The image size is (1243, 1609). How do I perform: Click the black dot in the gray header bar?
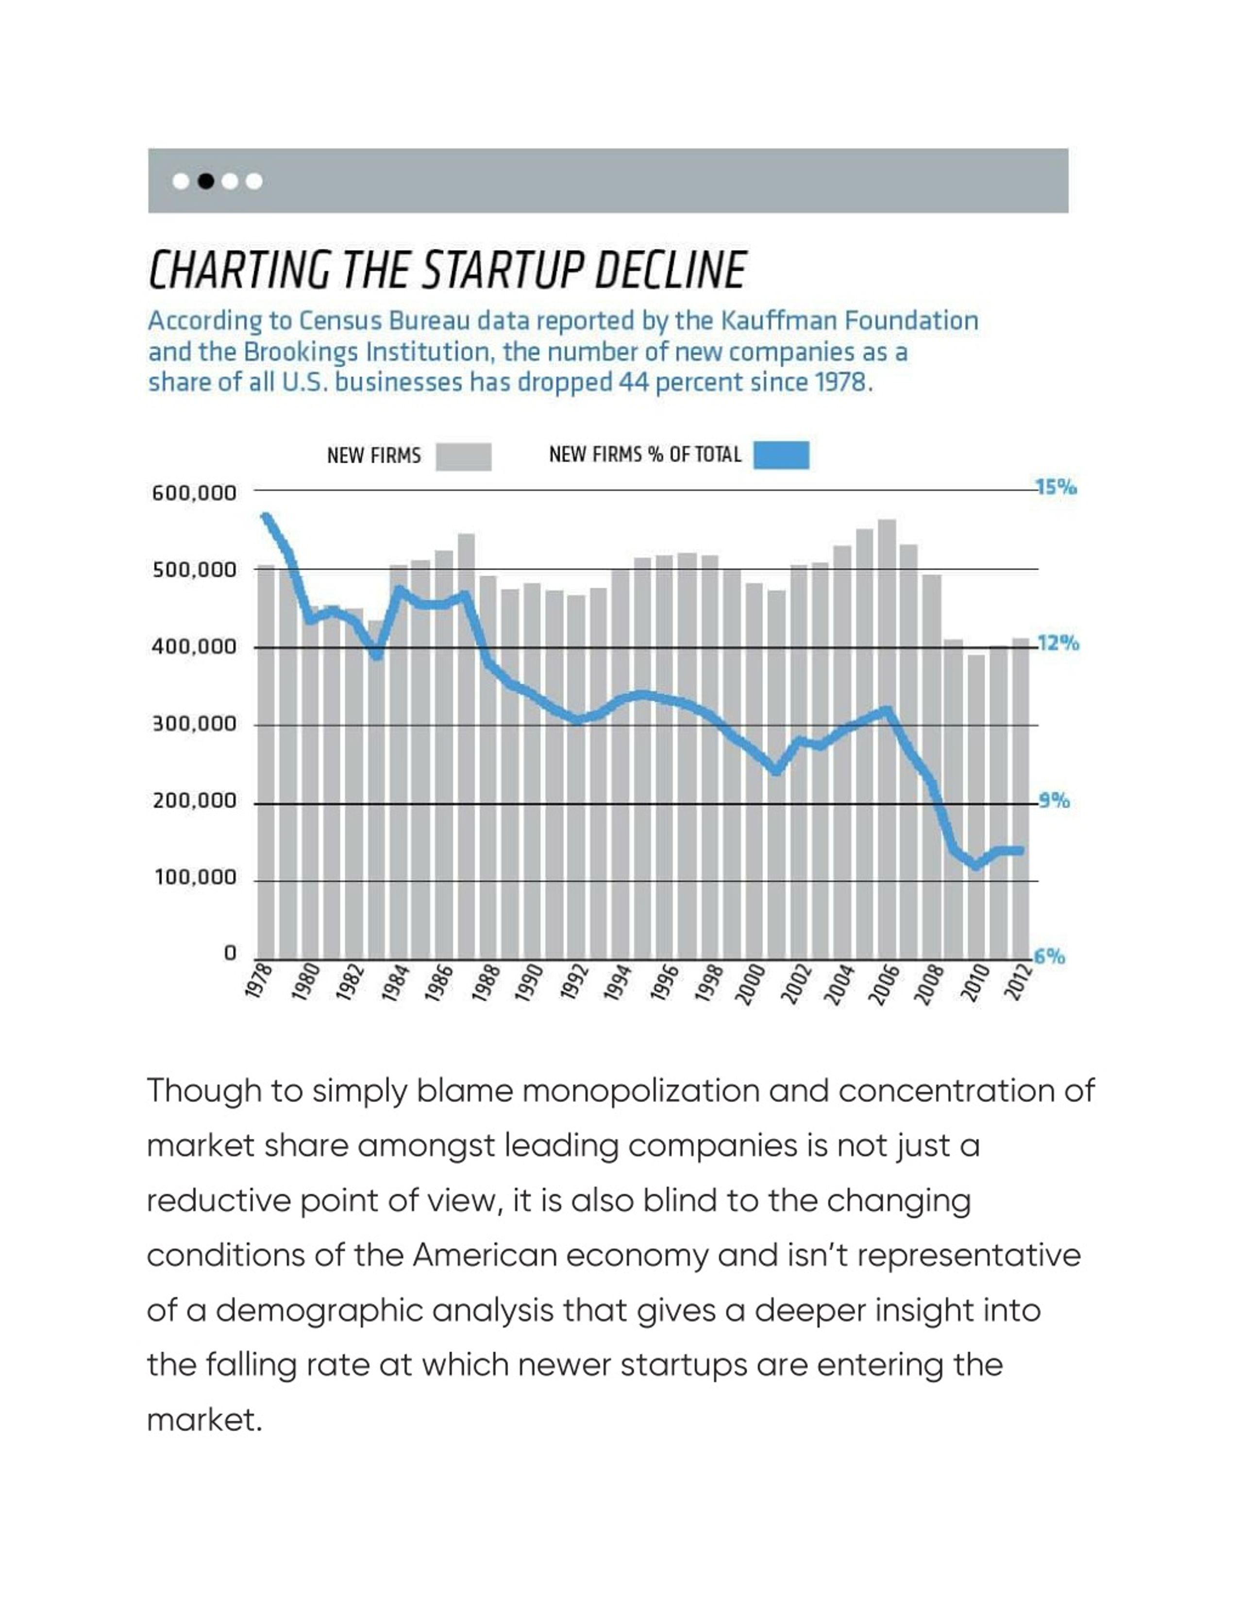pos(206,181)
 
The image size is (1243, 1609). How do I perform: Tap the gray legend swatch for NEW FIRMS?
pos(463,456)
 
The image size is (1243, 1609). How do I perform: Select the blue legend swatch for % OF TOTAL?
pos(781,455)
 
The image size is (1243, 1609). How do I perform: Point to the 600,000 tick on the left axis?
pos(194,493)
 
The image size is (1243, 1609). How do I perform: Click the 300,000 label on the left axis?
pos(194,724)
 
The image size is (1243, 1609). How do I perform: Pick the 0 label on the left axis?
pos(230,953)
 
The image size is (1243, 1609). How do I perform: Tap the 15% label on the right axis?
pos(1056,487)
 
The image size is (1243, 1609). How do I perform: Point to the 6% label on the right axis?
pos(1049,956)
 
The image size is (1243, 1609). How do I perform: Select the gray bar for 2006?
pos(887,739)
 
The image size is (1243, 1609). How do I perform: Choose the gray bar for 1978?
pos(266,762)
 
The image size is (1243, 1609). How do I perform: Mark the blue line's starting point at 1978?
pos(266,516)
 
